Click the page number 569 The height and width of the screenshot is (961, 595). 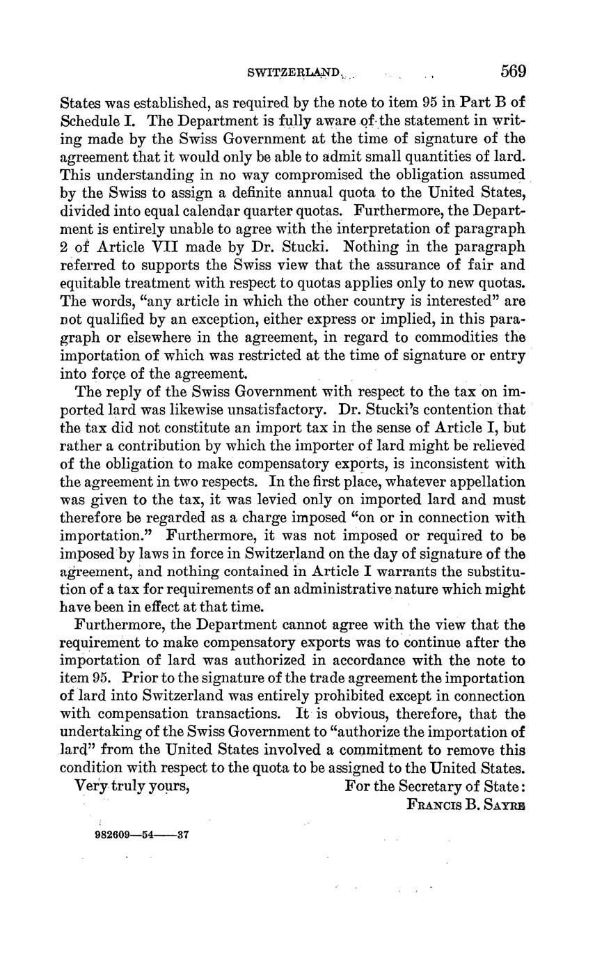click(x=513, y=71)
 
